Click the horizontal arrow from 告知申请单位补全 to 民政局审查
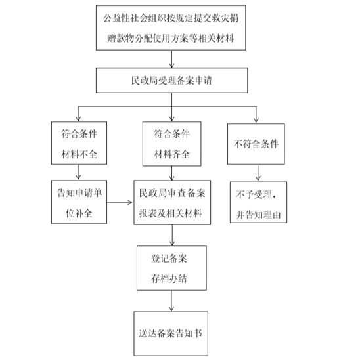pos(120,202)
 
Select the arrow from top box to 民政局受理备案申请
pos(171,59)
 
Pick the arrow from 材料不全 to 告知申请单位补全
pos(78,172)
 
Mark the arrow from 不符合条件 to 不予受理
pos(258,173)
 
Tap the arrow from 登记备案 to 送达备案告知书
pos(171,301)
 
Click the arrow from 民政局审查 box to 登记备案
pos(172,235)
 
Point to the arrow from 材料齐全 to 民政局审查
pos(171,173)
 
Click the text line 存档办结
pos(169,278)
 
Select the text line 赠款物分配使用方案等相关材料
pos(171,38)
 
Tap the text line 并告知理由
pos(258,215)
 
